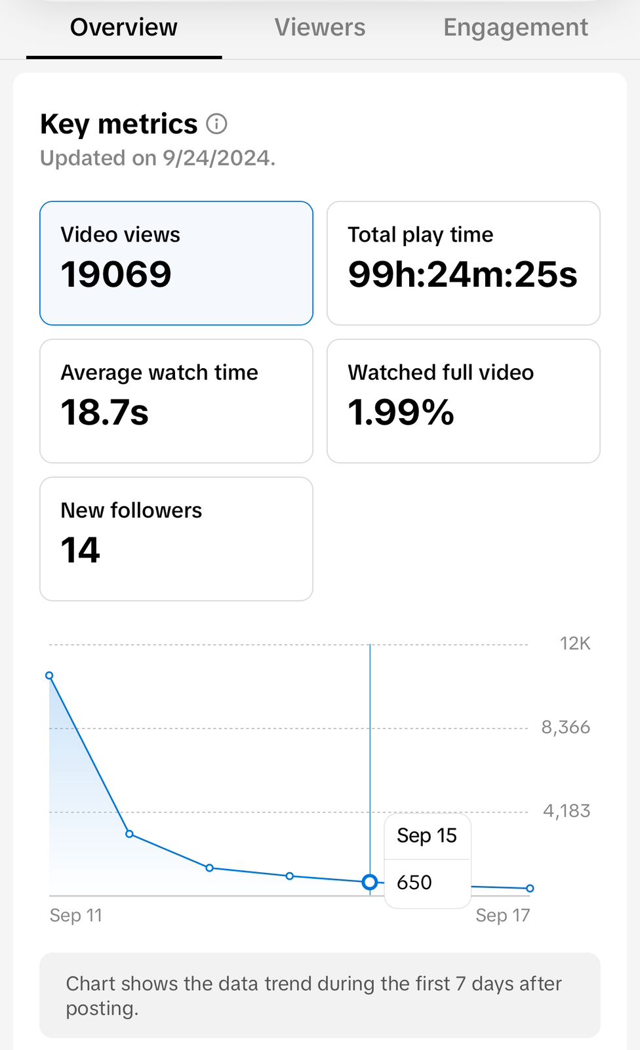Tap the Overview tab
point(123,28)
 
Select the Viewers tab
point(320,28)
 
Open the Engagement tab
point(515,28)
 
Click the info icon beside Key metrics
point(217,123)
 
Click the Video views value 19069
point(116,274)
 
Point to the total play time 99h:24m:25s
point(462,274)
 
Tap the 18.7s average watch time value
point(105,412)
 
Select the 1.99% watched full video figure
point(401,412)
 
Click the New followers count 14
point(81,550)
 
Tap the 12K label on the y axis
point(574,644)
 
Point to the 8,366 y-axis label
point(565,727)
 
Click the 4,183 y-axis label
point(567,811)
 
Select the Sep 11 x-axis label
point(76,915)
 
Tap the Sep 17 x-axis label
point(502,915)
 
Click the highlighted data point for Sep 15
point(370,883)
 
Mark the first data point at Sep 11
point(49,675)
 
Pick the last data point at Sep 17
point(530,889)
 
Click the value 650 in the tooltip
point(414,883)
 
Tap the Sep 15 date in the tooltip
point(427,835)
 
